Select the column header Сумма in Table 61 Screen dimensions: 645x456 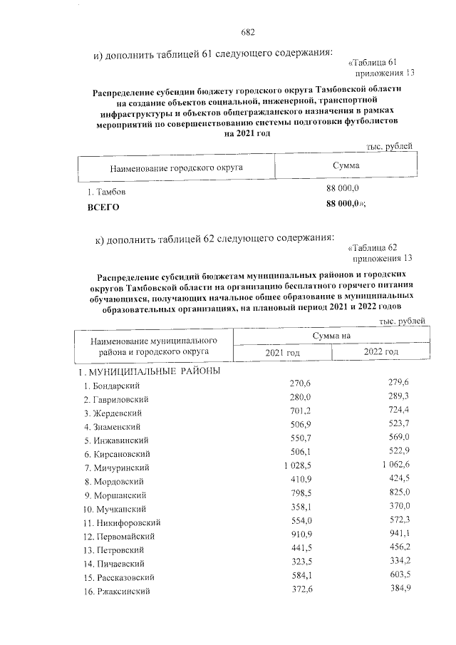[x=346, y=165]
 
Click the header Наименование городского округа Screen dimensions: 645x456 [x=177, y=168]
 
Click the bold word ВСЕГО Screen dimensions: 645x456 [x=103, y=207]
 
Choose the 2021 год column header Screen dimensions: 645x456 [x=283, y=353]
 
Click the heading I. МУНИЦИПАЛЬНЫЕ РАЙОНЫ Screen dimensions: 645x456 [x=149, y=372]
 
